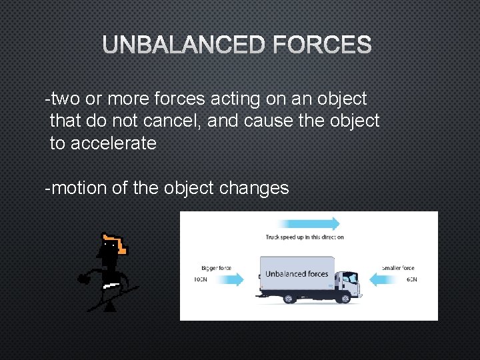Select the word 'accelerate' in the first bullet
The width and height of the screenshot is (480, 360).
tap(113, 143)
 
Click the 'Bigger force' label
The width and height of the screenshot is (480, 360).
tap(216, 269)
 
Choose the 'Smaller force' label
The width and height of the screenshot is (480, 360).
tap(398, 269)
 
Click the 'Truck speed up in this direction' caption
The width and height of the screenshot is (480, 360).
tap(305, 237)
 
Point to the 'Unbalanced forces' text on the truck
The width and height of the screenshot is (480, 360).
tap(297, 274)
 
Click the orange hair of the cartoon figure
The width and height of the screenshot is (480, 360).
tap(117, 243)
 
